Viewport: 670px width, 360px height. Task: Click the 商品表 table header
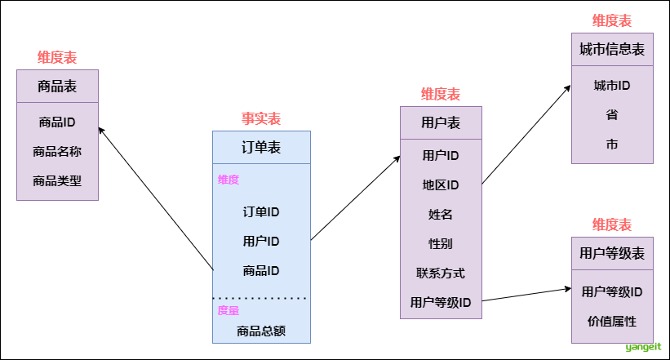(57, 86)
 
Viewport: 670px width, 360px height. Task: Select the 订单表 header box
(261, 148)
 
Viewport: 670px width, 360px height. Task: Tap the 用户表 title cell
(441, 122)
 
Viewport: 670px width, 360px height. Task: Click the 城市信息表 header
(612, 49)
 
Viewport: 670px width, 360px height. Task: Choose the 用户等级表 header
(612, 254)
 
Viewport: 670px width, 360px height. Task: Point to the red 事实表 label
(261, 119)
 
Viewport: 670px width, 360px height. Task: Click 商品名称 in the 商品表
(57, 151)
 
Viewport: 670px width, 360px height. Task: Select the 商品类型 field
(57, 180)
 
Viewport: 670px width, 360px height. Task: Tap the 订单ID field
(261, 211)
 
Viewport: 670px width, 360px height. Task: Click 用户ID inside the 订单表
(261, 241)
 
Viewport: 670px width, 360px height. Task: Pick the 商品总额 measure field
(261, 331)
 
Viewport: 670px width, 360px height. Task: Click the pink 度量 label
(229, 310)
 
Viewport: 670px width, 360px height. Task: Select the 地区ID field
(441, 184)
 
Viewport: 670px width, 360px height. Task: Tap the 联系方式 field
(441, 273)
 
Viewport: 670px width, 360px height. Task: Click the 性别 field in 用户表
(441, 243)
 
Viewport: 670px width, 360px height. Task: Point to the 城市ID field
(612, 85)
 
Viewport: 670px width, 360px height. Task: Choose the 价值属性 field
(612, 321)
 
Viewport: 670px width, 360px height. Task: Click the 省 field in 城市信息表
(612, 114)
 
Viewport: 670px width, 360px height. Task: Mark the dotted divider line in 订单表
(261, 298)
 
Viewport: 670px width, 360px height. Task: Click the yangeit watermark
(643, 348)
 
